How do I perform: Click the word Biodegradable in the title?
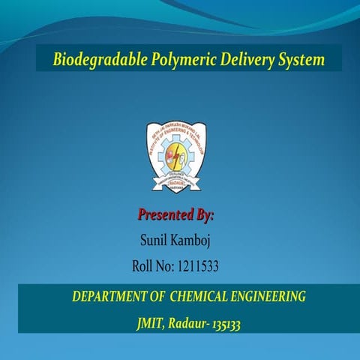tap(91, 59)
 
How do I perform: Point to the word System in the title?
tap(291, 59)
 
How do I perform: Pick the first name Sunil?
tap(154, 241)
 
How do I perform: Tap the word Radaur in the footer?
tap(187, 324)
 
